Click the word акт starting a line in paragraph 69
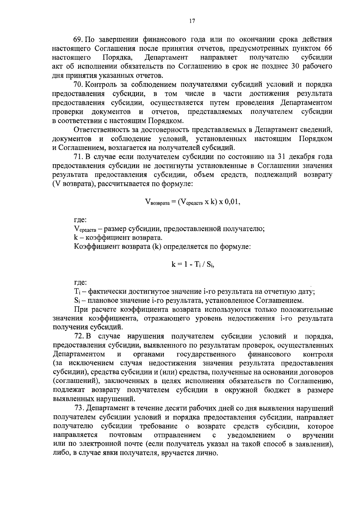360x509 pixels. click(x=58, y=66)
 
